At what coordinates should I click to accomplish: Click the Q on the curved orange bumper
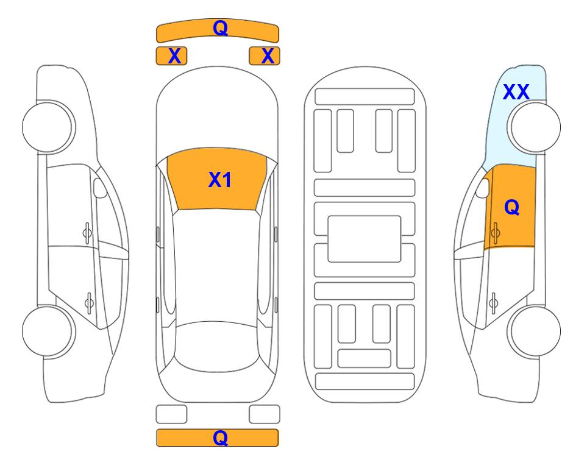[x=220, y=28]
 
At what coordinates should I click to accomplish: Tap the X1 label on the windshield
[x=220, y=180]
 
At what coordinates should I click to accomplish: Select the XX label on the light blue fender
[x=516, y=92]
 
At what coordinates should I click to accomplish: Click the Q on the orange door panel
[x=512, y=207]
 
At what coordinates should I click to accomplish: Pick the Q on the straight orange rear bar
[x=220, y=438]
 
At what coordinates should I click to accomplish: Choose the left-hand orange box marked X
[x=171, y=56]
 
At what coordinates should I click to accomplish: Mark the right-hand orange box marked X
[x=265, y=56]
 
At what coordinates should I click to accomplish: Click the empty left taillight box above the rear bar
[x=171, y=414]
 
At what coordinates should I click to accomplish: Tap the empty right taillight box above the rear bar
[x=265, y=414]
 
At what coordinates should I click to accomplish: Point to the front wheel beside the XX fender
[x=534, y=127]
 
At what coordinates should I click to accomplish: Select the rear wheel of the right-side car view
[x=534, y=331]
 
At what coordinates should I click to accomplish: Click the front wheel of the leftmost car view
[x=49, y=127]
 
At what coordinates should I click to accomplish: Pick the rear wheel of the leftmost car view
[x=49, y=331]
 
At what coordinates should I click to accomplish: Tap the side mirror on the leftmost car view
[x=100, y=188]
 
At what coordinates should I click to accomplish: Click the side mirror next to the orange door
[x=483, y=188]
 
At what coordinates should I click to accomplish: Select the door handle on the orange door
[x=496, y=233]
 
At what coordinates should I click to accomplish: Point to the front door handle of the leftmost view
[x=87, y=233]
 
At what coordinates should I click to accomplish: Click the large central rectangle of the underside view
[x=365, y=239]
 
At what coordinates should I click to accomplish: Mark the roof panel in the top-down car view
[x=216, y=266]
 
